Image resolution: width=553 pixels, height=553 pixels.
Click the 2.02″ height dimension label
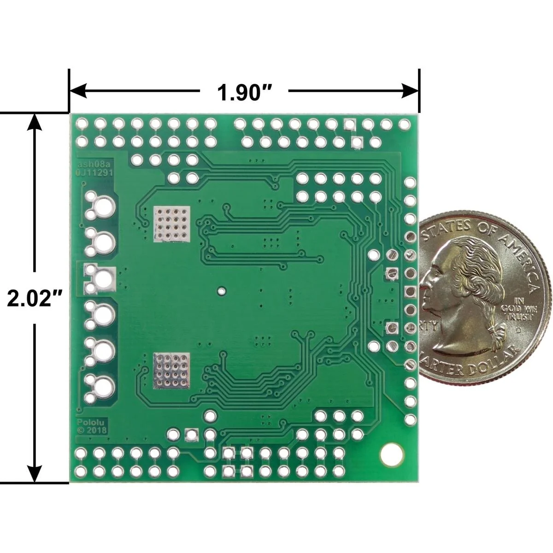pyautogui.click(x=35, y=299)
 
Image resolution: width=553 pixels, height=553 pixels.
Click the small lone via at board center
pyautogui.click(x=222, y=291)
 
